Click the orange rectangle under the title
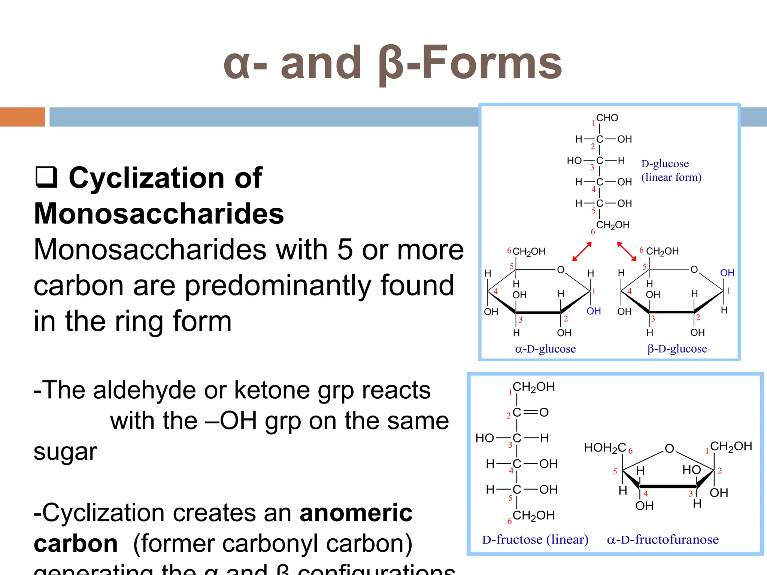[22, 117]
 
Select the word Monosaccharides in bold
[159, 213]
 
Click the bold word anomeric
[356, 512]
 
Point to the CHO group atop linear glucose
[607, 118]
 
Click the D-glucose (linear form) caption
[671, 170]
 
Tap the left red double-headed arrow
[582, 252]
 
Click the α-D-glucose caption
[545, 349]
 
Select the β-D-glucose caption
[677, 349]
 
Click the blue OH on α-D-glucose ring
[594, 311]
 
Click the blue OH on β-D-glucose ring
[727, 273]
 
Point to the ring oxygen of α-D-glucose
[561, 270]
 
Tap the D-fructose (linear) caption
[535, 539]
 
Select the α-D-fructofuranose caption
[663, 539]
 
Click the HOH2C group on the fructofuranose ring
[605, 447]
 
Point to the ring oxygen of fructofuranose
[669, 448]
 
